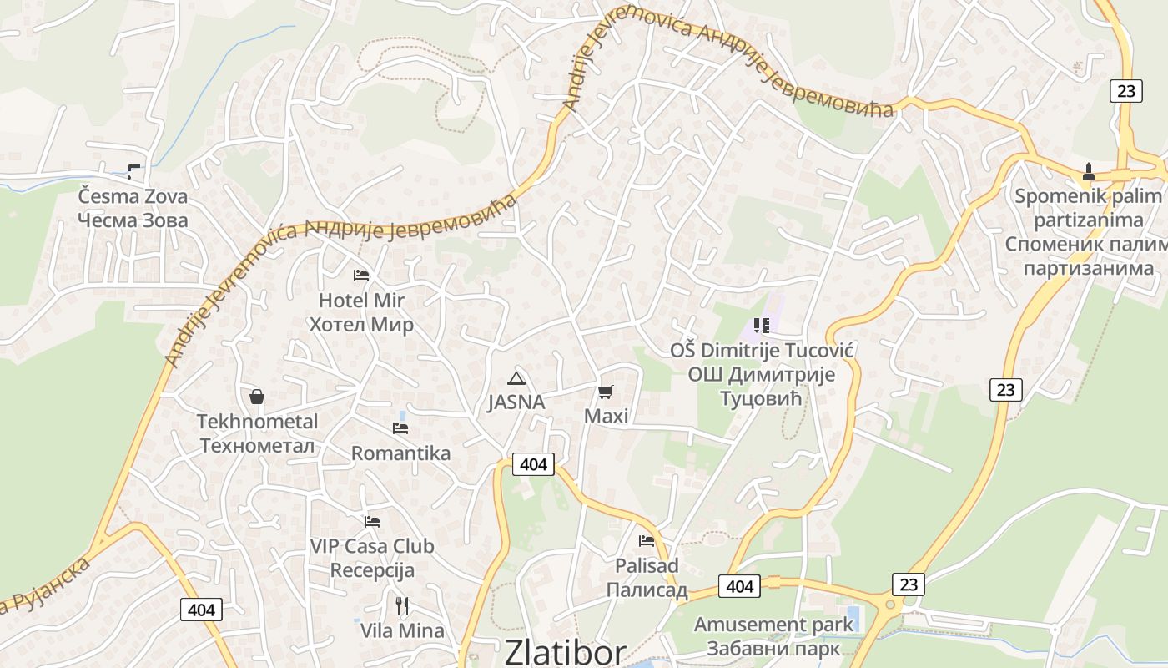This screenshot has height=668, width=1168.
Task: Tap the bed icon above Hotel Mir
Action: click(x=361, y=275)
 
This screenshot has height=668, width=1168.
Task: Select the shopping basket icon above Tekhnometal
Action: click(x=257, y=396)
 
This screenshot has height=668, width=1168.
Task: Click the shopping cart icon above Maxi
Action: click(x=606, y=392)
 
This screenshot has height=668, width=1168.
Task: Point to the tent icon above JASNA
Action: click(x=516, y=377)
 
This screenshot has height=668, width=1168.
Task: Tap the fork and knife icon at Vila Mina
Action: click(x=402, y=605)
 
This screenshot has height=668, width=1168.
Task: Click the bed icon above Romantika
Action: click(x=400, y=428)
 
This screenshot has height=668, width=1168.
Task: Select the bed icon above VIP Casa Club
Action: click(x=372, y=522)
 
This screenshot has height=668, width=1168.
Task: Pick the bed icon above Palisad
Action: click(x=647, y=541)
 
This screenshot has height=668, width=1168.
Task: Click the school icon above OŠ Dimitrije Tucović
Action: click(x=761, y=325)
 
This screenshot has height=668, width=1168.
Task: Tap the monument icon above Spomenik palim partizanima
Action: click(x=1088, y=173)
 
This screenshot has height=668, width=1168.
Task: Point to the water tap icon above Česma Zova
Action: click(x=133, y=173)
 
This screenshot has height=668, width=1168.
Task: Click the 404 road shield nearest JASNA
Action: click(x=532, y=464)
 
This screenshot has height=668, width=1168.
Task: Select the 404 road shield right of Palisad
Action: click(x=740, y=586)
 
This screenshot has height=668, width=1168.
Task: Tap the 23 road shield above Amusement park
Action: click(x=909, y=584)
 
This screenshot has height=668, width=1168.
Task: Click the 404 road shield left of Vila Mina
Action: click(x=201, y=610)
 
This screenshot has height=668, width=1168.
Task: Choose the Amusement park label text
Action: click(x=773, y=625)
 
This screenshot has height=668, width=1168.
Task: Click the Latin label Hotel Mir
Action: click(x=361, y=301)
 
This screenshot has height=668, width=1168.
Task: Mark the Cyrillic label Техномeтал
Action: click(x=257, y=446)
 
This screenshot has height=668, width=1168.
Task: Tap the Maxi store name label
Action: click(x=606, y=416)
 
